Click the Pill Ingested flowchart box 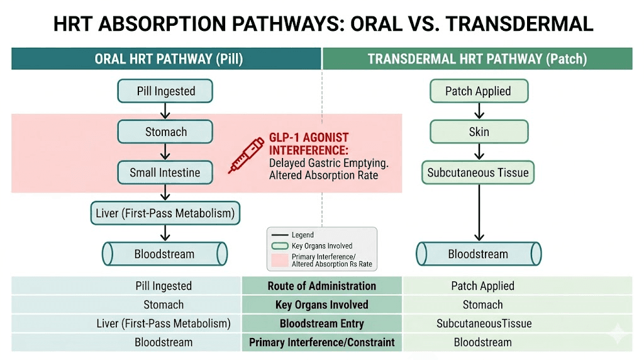click(165, 91)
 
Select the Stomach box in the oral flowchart click(165, 132)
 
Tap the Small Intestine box click(165, 172)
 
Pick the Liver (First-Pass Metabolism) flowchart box click(165, 213)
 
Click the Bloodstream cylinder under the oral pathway click(164, 254)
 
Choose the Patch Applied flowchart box click(478, 91)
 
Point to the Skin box click(478, 132)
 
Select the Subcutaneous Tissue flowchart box click(478, 172)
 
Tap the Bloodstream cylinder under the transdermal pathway click(478, 254)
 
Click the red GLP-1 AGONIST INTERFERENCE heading click(308, 143)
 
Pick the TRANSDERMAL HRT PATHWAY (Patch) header click(477, 59)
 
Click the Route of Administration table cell click(321, 286)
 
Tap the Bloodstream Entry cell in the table click(321, 323)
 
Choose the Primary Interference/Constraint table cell click(321, 342)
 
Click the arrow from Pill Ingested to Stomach click(165, 111)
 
